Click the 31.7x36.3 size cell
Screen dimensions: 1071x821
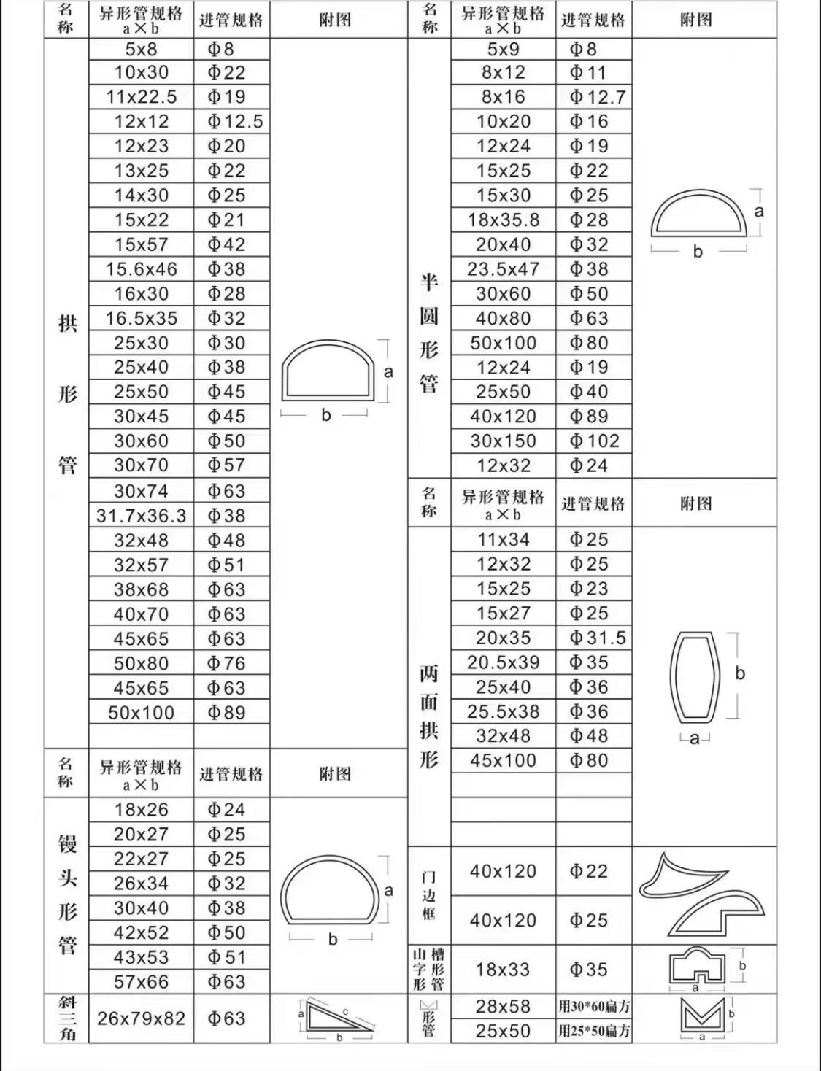click(x=142, y=516)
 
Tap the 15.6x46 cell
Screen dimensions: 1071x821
click(x=142, y=269)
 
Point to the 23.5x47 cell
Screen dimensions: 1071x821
click(x=504, y=269)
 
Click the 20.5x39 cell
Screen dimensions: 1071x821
click(x=504, y=662)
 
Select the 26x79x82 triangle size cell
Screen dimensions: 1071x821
click(x=142, y=1018)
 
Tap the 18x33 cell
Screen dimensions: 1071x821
click(x=504, y=970)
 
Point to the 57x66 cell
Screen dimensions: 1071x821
click(x=142, y=982)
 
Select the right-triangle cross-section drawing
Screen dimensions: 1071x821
click(x=336, y=1016)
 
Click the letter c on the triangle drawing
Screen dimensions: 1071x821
click(x=345, y=1011)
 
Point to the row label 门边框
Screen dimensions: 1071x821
click(x=429, y=895)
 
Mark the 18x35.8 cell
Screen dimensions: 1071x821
click(x=504, y=220)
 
